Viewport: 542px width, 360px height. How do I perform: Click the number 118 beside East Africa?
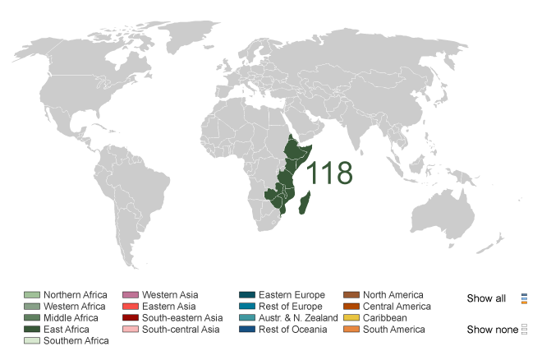[329, 173]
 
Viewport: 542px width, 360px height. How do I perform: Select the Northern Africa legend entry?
[76, 295]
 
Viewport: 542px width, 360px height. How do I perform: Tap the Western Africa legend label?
[75, 307]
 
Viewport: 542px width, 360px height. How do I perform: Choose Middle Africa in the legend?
[71, 318]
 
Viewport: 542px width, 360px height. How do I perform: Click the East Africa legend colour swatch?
[32, 330]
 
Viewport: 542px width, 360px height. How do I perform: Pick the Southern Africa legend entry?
[76, 341]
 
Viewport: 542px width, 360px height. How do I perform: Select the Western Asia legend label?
[170, 295]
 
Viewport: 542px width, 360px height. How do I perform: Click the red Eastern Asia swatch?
[130, 307]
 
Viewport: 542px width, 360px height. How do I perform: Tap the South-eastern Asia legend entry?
[182, 318]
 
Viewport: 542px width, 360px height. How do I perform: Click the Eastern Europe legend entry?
[292, 295]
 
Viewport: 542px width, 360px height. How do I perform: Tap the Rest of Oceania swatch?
[246, 330]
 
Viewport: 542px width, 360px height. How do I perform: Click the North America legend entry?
[393, 295]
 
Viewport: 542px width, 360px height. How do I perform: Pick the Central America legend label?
[397, 307]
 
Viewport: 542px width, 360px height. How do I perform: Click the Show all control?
[486, 298]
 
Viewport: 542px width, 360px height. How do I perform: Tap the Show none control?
[492, 330]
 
